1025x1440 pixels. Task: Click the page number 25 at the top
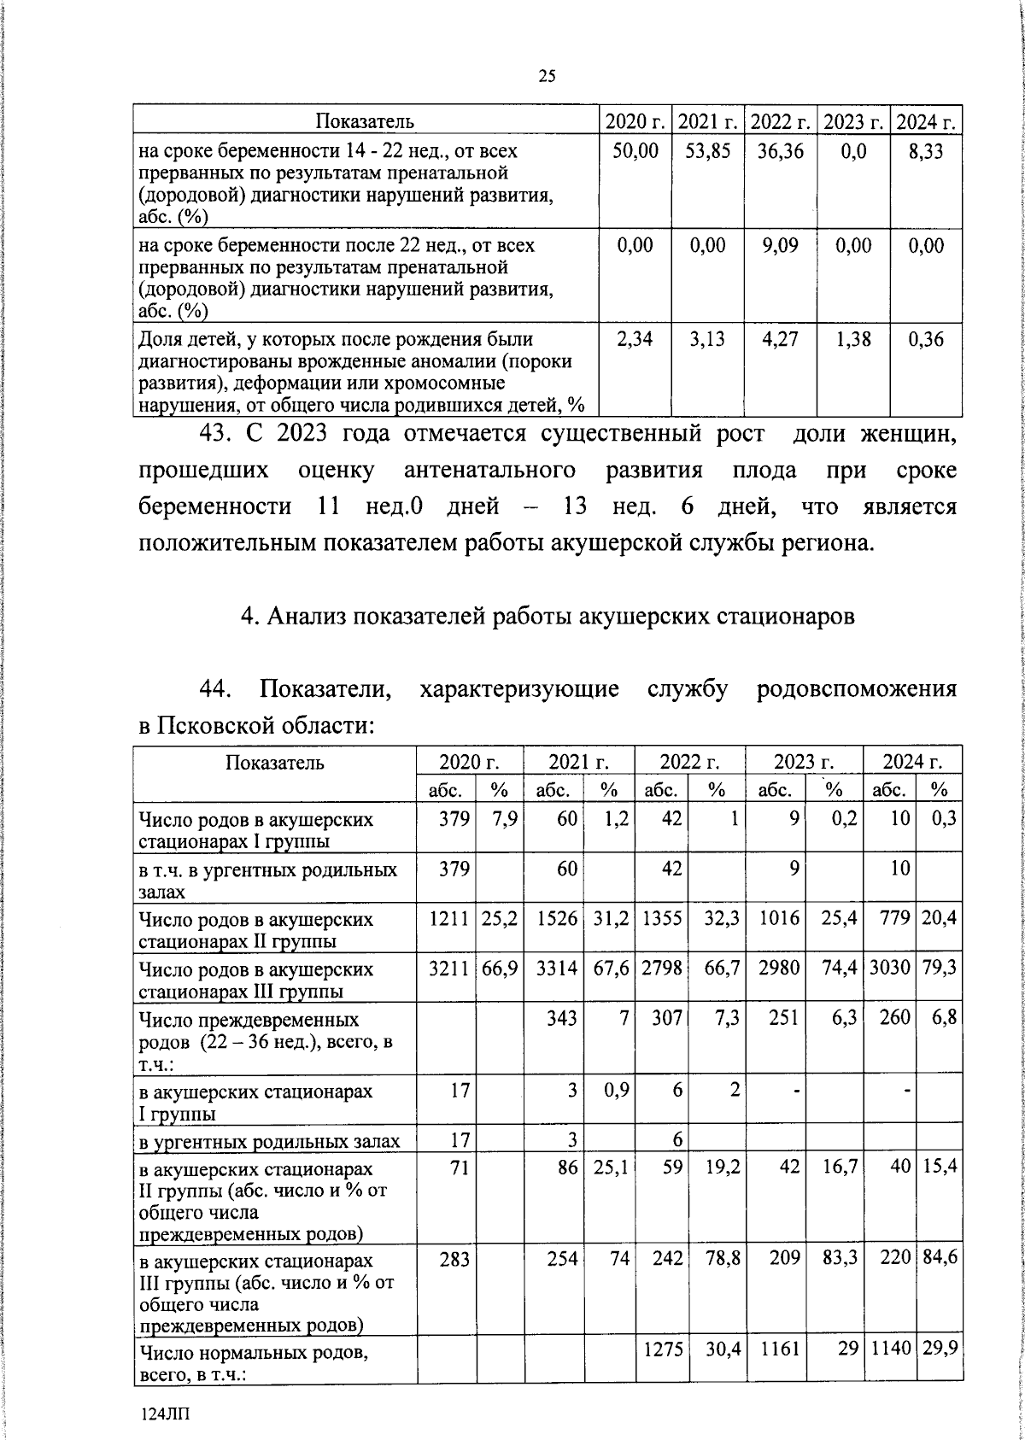coord(547,76)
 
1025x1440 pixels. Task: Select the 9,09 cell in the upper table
coord(781,246)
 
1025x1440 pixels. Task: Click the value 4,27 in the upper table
coord(781,339)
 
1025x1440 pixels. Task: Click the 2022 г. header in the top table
coord(781,121)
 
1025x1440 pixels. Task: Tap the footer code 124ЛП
coord(166,1414)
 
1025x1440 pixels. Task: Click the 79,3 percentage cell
coord(939,969)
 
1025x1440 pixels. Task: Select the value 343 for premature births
coord(562,1019)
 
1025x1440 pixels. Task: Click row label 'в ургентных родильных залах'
coord(269,1142)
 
